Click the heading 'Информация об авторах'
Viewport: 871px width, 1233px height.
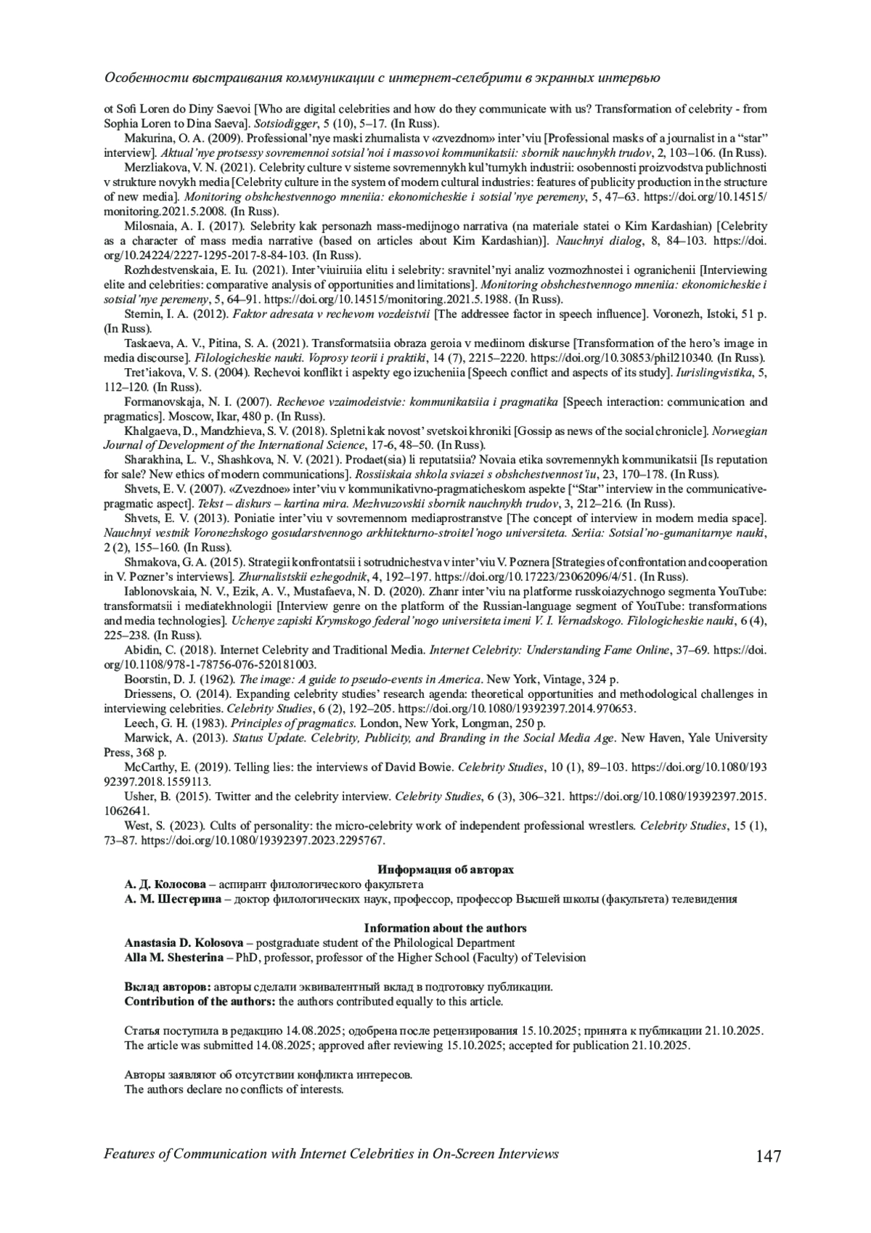(445, 869)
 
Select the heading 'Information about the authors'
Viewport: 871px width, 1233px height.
(445, 928)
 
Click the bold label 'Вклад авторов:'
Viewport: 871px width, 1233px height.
(168, 987)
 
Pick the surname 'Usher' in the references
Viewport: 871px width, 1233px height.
(141, 797)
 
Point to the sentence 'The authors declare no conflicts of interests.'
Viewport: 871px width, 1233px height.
(234, 1089)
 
